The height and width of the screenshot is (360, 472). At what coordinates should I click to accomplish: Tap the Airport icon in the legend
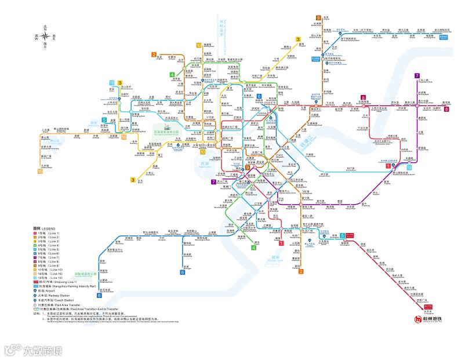tap(36, 291)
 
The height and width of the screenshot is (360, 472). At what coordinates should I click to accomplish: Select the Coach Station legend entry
tap(36, 300)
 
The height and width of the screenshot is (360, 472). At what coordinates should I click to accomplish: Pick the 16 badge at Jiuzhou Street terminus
tap(40, 171)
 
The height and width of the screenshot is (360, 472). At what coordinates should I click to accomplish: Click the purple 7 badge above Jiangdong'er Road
tap(416, 76)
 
